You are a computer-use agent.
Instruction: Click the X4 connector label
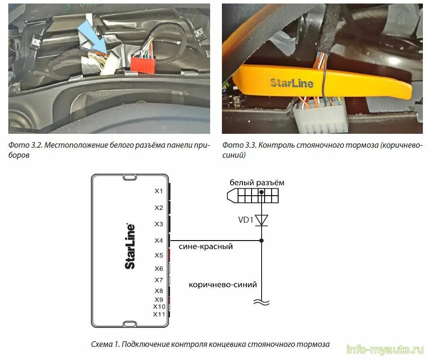[159, 241]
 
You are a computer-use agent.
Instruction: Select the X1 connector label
[159, 191]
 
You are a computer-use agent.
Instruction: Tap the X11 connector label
[159, 314]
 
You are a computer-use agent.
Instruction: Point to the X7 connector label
[159, 280]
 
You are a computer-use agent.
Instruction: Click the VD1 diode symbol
[262, 220]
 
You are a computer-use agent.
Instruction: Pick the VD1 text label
[246, 220]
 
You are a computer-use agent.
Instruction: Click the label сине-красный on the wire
[206, 247]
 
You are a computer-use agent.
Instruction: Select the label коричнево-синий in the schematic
[223, 285]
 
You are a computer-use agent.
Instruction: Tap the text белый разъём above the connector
[257, 183]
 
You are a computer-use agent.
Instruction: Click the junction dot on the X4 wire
[262, 241]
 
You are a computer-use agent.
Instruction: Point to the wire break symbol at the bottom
[262, 302]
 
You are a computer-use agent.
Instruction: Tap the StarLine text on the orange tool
[292, 83]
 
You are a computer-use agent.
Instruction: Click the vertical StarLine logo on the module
[130, 246]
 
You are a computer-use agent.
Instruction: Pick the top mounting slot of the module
[129, 177]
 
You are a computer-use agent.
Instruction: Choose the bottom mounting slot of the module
[129, 324]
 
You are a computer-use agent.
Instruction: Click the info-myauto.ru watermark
[385, 350]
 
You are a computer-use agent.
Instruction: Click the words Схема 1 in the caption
[105, 344]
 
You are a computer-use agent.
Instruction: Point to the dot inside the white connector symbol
[262, 192]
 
